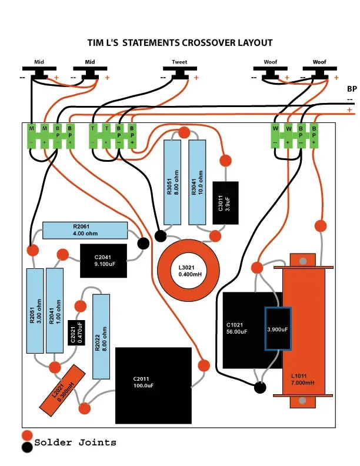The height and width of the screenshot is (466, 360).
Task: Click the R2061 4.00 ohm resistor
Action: (x=85, y=230)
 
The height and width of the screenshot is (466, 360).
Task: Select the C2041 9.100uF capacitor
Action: (x=104, y=261)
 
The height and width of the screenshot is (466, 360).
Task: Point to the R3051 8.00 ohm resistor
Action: (x=172, y=182)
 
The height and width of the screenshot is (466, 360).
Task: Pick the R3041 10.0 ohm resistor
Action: (x=197, y=182)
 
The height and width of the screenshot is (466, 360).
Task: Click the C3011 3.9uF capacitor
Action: (x=225, y=202)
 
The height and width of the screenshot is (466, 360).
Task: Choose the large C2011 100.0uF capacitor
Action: (x=154, y=385)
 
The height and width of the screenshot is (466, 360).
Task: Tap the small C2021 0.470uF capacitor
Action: (x=76, y=332)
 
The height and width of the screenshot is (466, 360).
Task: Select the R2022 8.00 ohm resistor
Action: (x=101, y=337)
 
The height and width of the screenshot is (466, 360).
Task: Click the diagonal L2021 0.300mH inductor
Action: (x=62, y=391)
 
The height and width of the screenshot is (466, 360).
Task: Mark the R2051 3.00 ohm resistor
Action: (x=35, y=311)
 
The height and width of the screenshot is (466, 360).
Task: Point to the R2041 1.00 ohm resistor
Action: (x=55, y=311)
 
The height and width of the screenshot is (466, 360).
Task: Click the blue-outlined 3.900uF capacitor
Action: (x=278, y=329)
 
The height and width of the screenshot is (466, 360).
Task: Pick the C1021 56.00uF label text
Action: (x=236, y=328)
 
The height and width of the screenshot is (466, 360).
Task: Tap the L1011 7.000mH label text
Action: (x=302, y=380)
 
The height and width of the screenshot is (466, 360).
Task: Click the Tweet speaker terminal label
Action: (x=179, y=62)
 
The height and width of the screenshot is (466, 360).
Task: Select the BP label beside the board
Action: (x=352, y=89)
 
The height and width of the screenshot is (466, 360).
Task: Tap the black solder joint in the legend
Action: (x=27, y=447)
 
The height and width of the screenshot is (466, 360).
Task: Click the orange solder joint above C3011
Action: (x=226, y=161)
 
